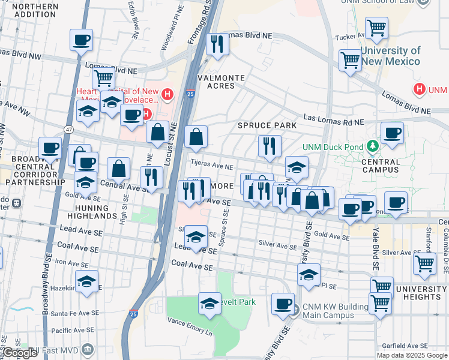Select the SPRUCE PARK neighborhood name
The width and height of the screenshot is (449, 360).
(267, 125)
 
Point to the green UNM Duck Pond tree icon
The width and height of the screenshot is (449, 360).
(372, 146)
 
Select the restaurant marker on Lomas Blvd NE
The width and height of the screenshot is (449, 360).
(215, 44)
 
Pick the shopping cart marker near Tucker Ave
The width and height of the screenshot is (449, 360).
(376, 27)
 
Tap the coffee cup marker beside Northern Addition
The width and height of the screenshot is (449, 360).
(81, 40)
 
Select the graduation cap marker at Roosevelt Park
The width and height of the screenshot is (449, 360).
(209, 304)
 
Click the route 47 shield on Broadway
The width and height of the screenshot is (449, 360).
(69, 129)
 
